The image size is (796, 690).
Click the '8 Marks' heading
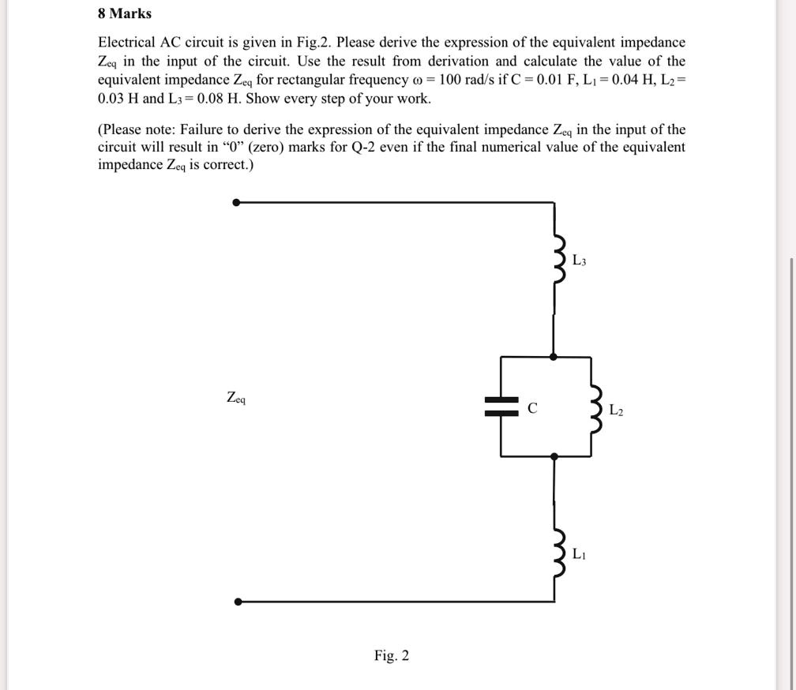125,13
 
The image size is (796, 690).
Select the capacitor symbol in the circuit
501,407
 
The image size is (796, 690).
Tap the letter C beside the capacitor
532,408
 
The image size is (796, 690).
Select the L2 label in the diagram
617,410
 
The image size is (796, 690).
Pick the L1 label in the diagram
579,554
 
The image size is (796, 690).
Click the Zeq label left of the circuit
236,398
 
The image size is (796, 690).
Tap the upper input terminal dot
237,202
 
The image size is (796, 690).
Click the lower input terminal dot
238,602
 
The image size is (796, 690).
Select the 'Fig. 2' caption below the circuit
392,656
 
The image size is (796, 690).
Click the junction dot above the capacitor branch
554,357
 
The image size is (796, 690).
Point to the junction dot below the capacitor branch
554,456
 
